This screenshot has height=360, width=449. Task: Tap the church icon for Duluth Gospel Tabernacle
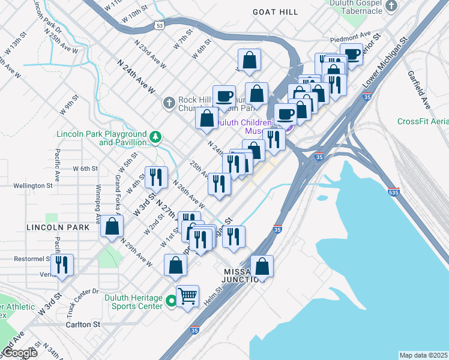pyautogui.click(x=391, y=7)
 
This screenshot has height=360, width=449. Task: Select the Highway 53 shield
pyautogui.click(x=158, y=26)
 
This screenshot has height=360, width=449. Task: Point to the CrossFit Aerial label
pyautogui.click(x=423, y=121)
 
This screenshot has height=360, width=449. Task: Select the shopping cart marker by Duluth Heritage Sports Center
pyautogui.click(x=188, y=295)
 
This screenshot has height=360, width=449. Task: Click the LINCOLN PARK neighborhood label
pyautogui.click(x=58, y=227)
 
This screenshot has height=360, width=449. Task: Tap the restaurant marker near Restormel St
pyautogui.click(x=62, y=265)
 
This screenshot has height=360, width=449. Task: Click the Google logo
pyautogui.click(x=19, y=353)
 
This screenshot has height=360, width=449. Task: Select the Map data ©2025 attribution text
pyautogui.click(x=423, y=355)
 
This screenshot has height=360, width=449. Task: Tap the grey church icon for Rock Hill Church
pyautogui.click(x=169, y=104)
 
